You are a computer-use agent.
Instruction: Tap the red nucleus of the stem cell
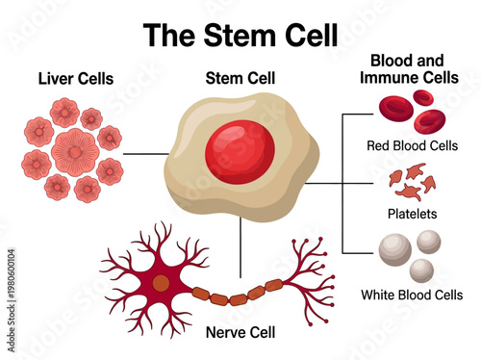coord(240,151)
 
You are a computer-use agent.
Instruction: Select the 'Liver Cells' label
coord(75,77)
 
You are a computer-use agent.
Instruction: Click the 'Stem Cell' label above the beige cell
coord(240,77)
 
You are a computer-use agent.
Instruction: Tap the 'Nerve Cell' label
coord(240,333)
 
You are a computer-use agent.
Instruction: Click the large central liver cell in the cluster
coord(74,151)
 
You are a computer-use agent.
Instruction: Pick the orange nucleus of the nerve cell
coord(161,283)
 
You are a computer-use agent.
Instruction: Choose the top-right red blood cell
coord(421,99)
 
